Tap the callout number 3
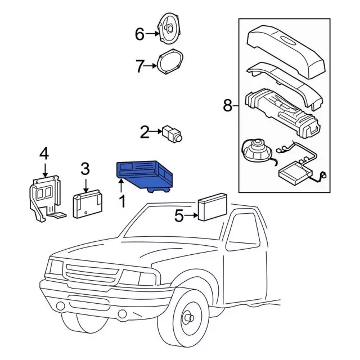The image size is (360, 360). [85, 168]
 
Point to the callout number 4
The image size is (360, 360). [44, 154]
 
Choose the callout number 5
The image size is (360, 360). [178, 215]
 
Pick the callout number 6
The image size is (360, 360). [139, 34]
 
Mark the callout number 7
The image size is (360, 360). [139, 66]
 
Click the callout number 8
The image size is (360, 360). [227, 105]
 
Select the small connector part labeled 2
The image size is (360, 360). [172, 133]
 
